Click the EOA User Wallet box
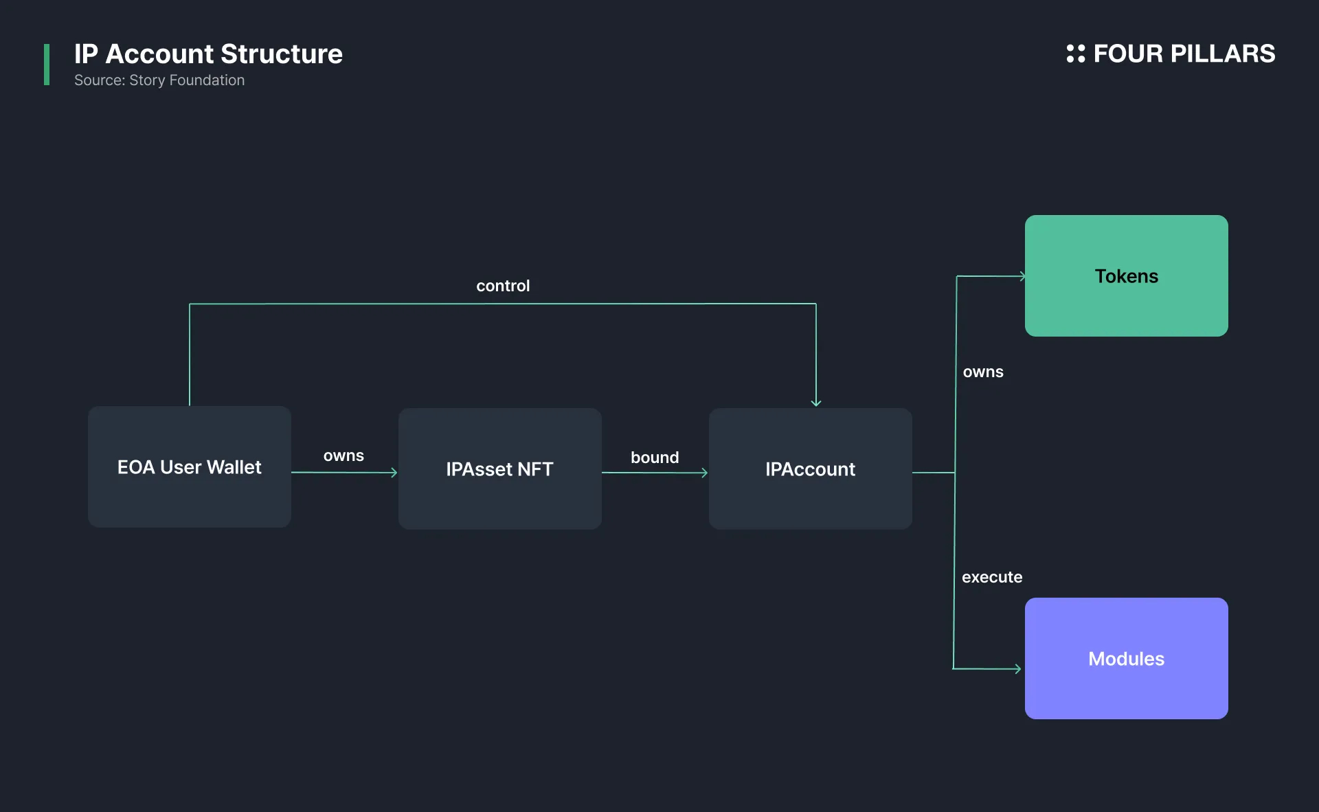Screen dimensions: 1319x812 point(190,466)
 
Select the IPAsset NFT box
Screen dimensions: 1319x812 point(500,469)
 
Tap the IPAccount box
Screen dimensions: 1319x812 point(811,469)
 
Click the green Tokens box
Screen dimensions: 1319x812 point(1127,275)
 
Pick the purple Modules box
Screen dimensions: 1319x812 point(1127,658)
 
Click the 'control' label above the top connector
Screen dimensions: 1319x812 point(503,286)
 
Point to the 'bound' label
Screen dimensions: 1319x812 point(655,458)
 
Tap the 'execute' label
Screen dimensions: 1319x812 point(992,577)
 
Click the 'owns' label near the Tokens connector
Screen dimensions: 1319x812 point(983,372)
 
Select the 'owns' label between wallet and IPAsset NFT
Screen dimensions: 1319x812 point(343,455)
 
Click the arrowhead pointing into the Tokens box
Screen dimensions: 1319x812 point(1022,276)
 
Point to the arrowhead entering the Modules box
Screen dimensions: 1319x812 point(1018,668)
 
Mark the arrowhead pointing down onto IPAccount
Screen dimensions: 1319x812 point(816,403)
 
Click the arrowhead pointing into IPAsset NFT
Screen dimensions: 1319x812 point(394,473)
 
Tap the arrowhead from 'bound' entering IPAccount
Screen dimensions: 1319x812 point(705,473)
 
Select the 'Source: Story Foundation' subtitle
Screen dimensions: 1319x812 point(159,80)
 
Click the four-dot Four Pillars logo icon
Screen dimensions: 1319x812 point(1076,54)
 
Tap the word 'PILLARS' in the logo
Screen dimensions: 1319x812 point(1223,54)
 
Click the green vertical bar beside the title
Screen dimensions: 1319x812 point(47,65)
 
